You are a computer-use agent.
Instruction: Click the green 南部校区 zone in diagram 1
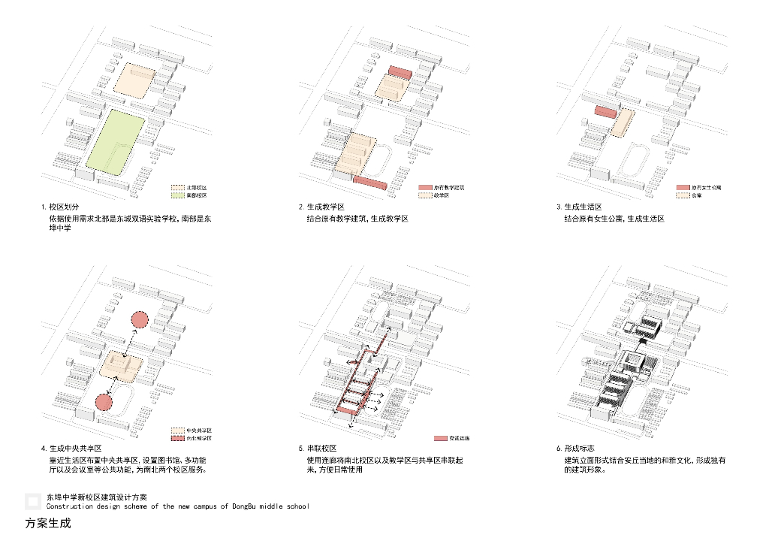pyautogui.click(x=115, y=141)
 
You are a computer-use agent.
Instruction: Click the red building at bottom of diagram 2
pyautogui.click(x=369, y=183)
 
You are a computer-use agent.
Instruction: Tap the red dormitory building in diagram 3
pyautogui.click(x=605, y=113)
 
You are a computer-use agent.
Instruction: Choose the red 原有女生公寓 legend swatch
pyautogui.click(x=683, y=187)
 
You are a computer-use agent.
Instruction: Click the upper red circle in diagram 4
pyautogui.click(x=139, y=321)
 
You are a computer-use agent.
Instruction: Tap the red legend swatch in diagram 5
pyautogui.click(x=442, y=438)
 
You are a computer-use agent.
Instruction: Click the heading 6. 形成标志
pyautogui.click(x=579, y=449)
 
